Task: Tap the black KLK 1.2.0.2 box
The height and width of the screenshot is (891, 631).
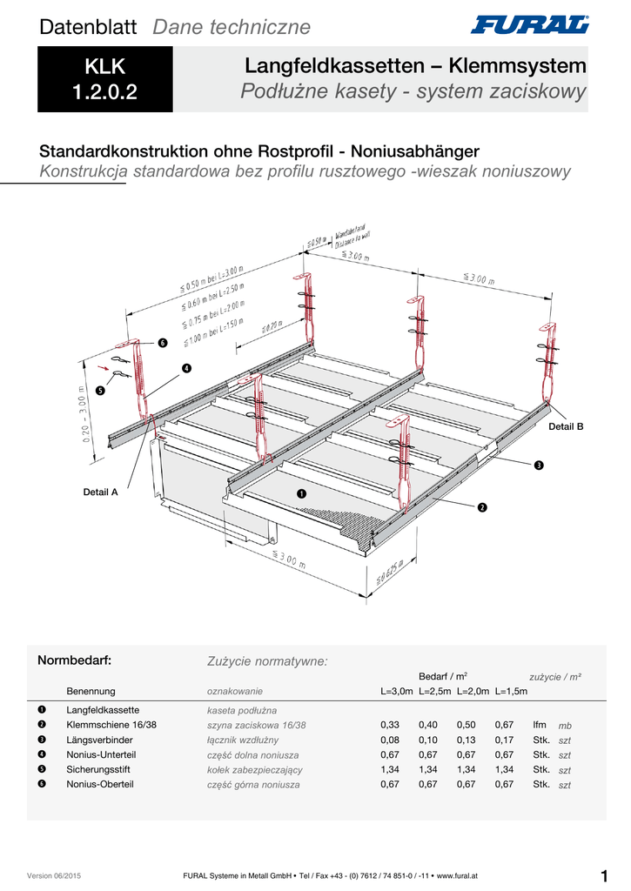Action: click(105, 79)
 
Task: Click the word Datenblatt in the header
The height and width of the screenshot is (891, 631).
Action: click(88, 27)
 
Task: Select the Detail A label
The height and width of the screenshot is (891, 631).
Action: click(100, 492)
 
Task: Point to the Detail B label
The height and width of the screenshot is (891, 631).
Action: click(566, 426)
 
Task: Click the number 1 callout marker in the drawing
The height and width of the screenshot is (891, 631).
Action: click(301, 494)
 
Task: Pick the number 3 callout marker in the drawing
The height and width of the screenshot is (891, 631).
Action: click(539, 466)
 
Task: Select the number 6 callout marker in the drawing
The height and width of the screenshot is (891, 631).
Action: click(162, 342)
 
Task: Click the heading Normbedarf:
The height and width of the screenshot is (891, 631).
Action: click(75, 660)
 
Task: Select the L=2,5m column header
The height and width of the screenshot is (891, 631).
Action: click(434, 692)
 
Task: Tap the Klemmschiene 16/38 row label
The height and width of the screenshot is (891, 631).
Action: click(111, 725)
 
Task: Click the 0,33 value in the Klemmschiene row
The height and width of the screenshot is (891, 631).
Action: click(390, 725)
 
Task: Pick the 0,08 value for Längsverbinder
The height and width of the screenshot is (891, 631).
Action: click(390, 740)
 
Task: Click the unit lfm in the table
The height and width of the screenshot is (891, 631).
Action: click(540, 725)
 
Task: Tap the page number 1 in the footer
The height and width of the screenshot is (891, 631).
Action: click(603, 875)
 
